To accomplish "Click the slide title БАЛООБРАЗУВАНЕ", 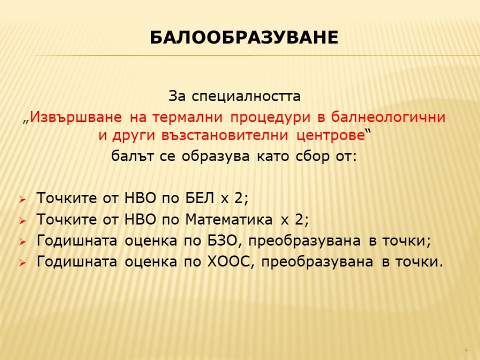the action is [244, 38].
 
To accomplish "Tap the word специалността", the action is [246, 97].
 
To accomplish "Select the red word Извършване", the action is [75, 118].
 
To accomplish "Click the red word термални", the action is [176, 118].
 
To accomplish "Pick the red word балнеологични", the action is [388, 117].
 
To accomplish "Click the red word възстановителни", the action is [225, 136].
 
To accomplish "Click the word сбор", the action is [312, 156].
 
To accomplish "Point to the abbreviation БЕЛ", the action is [200, 198].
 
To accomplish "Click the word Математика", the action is [229, 219].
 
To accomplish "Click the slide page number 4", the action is [466, 349].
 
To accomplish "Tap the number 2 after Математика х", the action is [299, 219].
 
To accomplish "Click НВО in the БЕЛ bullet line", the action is [140, 198].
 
